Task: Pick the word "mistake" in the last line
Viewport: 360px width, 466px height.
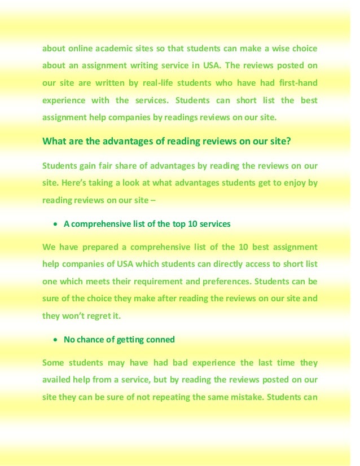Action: click(x=238, y=397)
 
